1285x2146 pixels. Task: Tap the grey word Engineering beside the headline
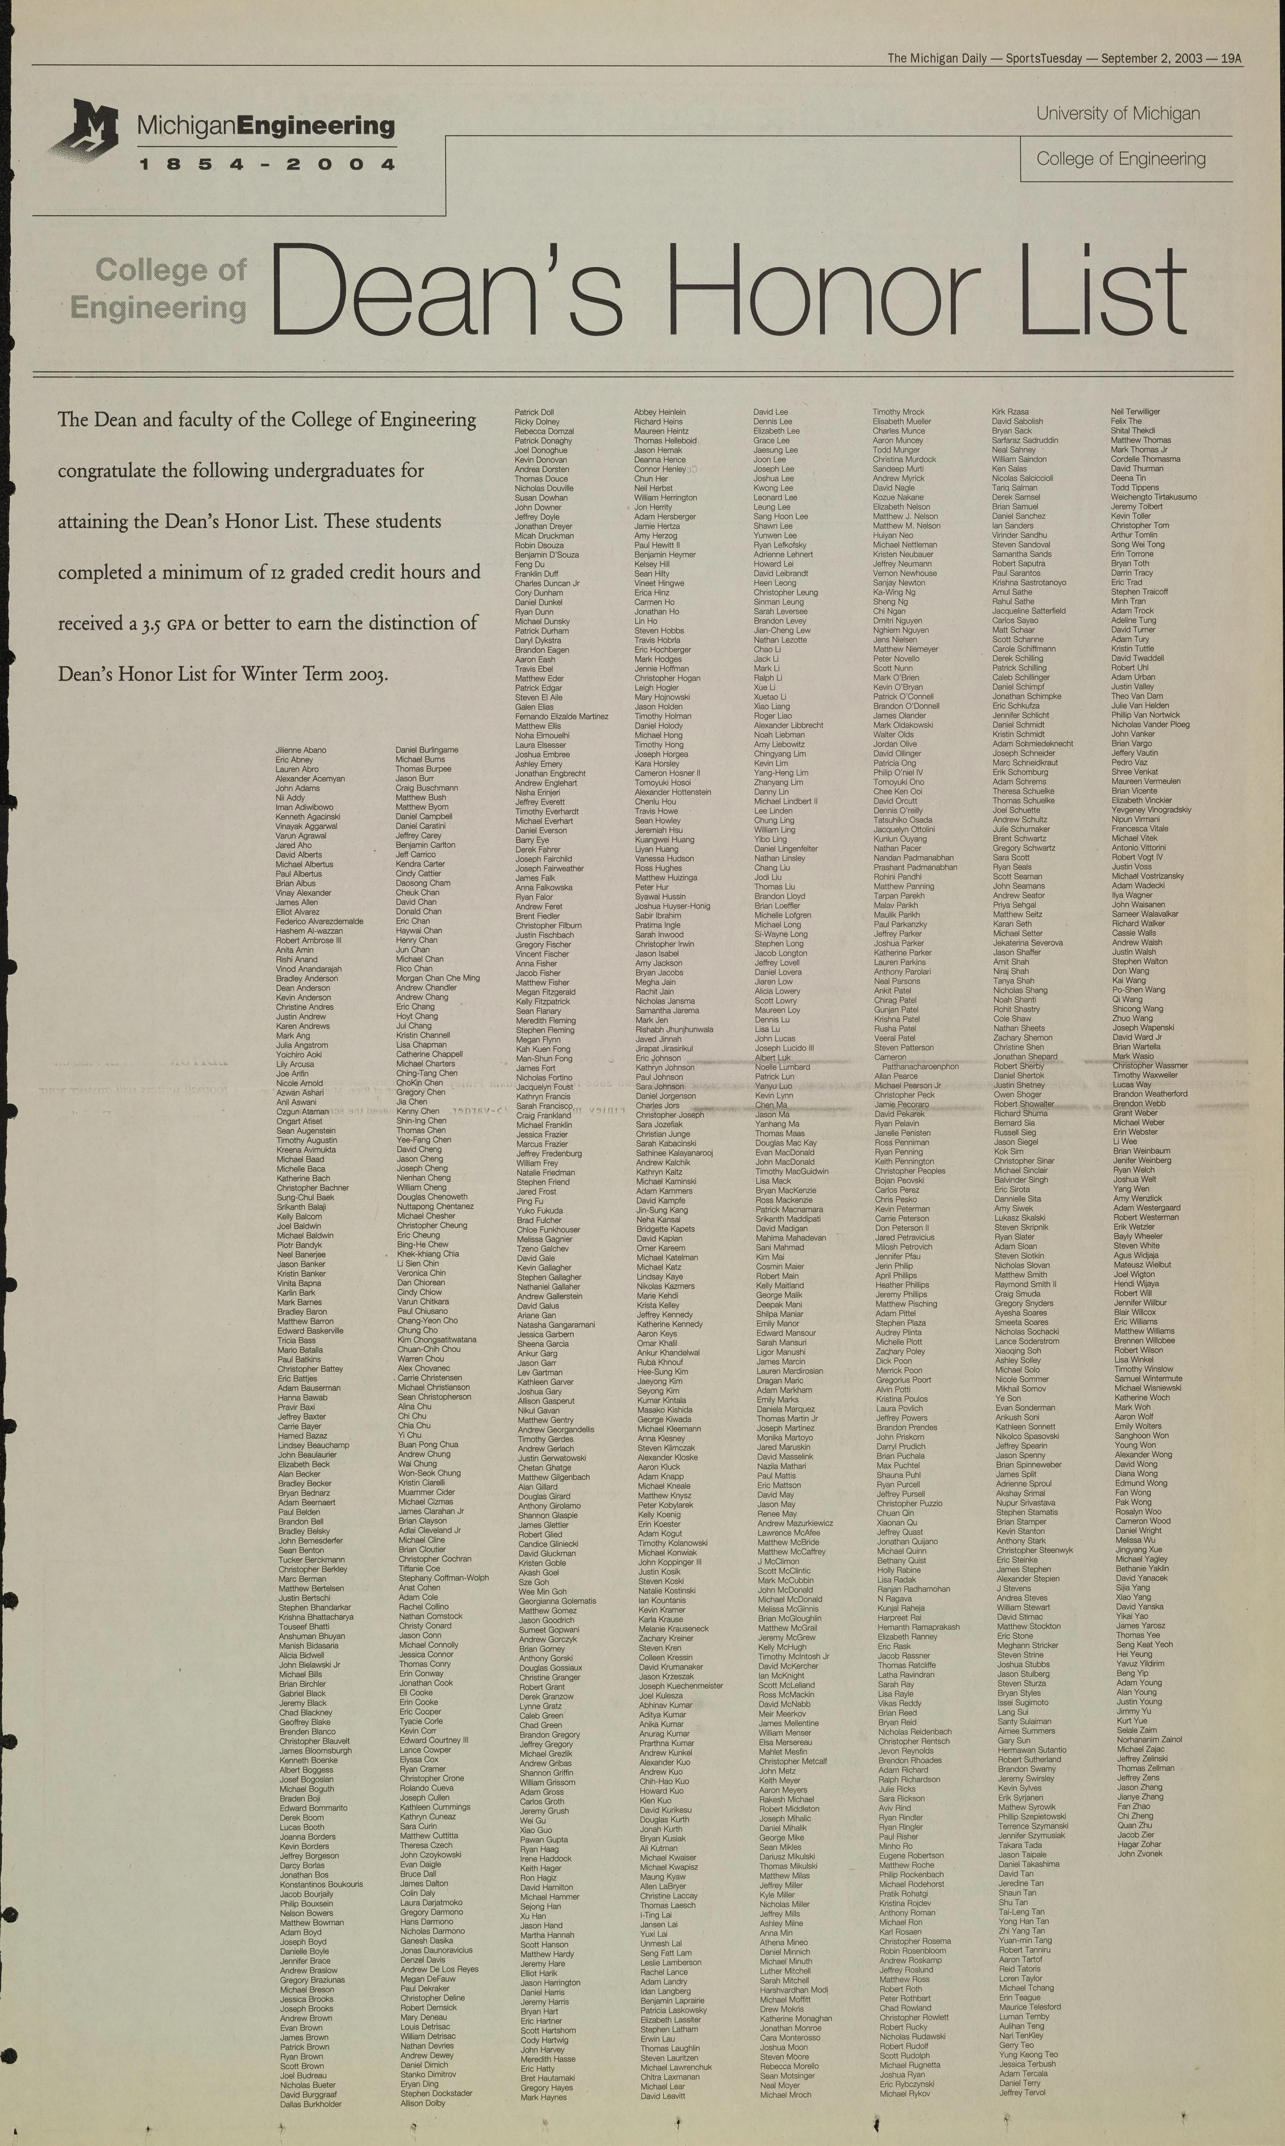coord(159,307)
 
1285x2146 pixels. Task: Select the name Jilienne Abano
coord(300,750)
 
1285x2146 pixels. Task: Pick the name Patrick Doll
coord(534,412)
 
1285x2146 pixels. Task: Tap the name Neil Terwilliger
coord(1135,412)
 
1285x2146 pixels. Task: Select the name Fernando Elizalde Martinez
coord(561,717)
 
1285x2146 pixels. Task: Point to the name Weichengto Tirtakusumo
coord(1153,497)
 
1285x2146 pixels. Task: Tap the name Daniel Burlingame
coord(427,750)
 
